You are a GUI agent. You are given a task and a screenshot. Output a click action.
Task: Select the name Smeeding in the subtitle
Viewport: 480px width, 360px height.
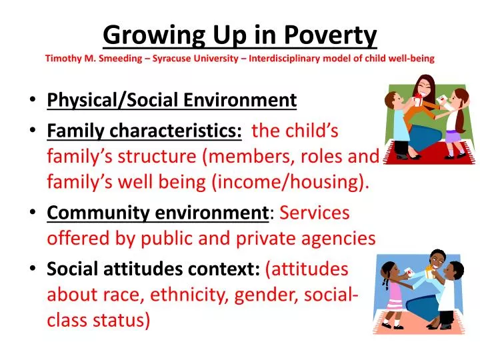click(125, 58)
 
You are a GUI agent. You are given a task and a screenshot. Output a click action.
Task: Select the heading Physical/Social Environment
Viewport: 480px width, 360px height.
click(171, 100)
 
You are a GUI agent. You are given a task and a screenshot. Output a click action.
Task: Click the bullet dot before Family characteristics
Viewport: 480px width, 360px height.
click(33, 131)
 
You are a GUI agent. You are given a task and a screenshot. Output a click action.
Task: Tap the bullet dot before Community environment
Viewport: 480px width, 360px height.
click(33, 213)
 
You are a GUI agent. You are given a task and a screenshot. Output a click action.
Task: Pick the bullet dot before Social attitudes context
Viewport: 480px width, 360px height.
click(33, 269)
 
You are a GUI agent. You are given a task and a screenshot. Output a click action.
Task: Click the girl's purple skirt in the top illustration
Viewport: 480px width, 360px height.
click(453, 137)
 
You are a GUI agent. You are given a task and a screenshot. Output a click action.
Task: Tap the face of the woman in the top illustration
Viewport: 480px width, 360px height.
click(425, 87)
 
